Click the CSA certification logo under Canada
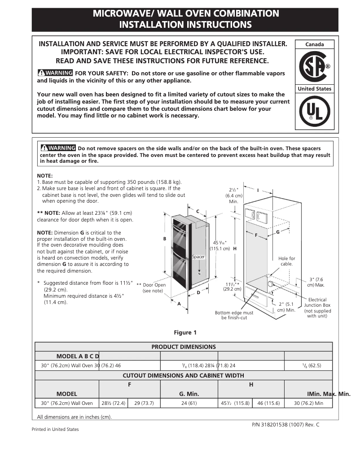tap(314, 66)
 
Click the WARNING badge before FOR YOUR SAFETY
tap(55, 73)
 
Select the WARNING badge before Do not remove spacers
tap(58, 148)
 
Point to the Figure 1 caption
tap(185, 332)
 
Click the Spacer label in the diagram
tap(198, 257)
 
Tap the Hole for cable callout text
tap(287, 261)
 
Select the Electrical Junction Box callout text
tap(317, 308)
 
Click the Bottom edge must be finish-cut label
tap(234, 315)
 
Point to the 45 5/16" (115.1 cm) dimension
tap(220, 245)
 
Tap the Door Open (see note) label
tap(151, 287)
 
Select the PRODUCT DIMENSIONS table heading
tap(184, 347)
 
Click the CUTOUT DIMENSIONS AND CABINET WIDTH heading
tap(184, 375)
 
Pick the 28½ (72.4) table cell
tap(113, 403)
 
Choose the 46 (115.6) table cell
tap(268, 403)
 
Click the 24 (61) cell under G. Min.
tap(189, 403)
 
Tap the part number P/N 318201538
tap(283, 424)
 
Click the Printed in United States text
tap(55, 429)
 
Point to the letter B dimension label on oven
tap(165, 239)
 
